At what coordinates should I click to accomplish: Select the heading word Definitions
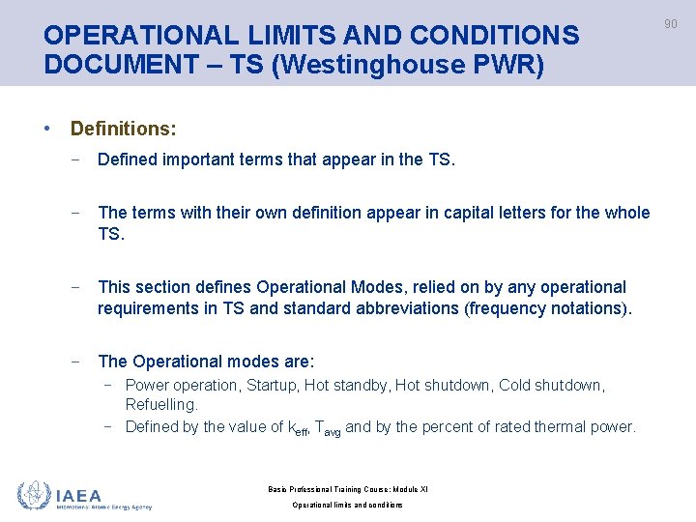tap(123, 128)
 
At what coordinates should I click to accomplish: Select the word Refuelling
tap(161, 404)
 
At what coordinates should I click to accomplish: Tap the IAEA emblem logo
tap(35, 495)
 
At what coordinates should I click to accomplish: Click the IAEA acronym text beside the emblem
tap(79, 494)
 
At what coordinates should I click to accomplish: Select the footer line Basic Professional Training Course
tap(348, 489)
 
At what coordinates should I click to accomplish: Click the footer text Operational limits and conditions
tap(348, 505)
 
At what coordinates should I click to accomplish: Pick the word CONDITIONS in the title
tap(494, 36)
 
